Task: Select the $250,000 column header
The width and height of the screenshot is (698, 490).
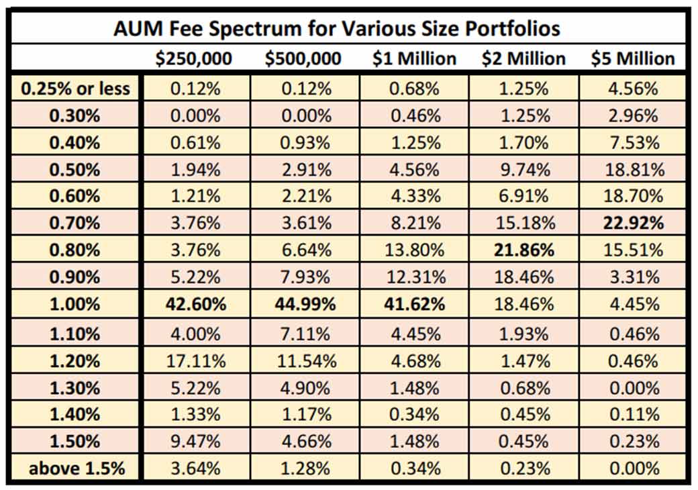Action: tap(194, 58)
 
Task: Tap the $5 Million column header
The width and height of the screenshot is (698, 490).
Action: tap(632, 58)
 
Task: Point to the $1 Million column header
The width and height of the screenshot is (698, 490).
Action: tap(414, 58)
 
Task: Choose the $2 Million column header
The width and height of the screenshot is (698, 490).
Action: tap(523, 58)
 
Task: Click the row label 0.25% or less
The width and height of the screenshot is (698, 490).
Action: tap(76, 89)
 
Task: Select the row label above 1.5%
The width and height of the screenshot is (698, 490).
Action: tap(76, 468)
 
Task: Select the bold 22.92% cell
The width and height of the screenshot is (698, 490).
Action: tap(632, 223)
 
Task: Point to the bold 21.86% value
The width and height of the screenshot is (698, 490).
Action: tap(523, 250)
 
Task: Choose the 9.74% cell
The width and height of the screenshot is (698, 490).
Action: tap(523, 169)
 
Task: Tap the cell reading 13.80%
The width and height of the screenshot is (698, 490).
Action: tap(414, 250)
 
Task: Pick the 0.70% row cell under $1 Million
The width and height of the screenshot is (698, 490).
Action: tap(414, 223)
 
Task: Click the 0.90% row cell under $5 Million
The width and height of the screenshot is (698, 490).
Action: tap(632, 277)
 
